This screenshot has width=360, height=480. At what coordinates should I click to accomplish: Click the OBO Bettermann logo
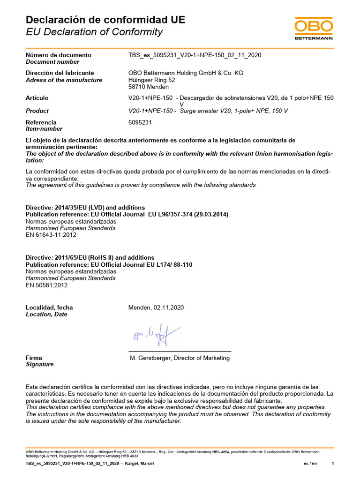tap(314, 29)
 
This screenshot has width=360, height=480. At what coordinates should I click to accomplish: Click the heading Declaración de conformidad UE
tap(105, 20)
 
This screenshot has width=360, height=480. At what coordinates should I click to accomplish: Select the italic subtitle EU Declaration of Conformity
tap(94, 32)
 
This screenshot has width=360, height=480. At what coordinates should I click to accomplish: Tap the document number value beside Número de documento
tap(195, 55)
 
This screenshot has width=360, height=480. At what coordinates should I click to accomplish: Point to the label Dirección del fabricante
tap(60, 73)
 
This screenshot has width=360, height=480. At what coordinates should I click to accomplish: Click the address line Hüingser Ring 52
tap(151, 80)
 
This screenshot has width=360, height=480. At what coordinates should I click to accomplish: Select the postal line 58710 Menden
tap(148, 87)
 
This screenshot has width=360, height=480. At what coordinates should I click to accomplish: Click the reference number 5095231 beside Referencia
tap(140, 122)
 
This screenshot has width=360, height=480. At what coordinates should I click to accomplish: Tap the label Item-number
tap(44, 129)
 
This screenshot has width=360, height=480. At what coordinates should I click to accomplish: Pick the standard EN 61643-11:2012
tap(51, 235)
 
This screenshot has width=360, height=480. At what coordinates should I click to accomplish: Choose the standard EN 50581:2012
tap(47, 285)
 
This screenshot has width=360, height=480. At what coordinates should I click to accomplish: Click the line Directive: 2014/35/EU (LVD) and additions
tap(85, 207)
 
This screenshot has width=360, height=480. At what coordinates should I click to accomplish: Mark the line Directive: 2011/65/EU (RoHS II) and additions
tap(90, 257)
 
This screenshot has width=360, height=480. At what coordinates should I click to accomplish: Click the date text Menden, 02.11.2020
tap(156, 307)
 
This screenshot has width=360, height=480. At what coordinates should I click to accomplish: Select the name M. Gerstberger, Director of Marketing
tap(180, 358)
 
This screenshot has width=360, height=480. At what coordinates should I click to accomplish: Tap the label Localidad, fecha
tap(49, 307)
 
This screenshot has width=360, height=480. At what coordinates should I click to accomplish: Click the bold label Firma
tap(34, 358)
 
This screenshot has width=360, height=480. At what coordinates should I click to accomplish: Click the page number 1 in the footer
tap(333, 464)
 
